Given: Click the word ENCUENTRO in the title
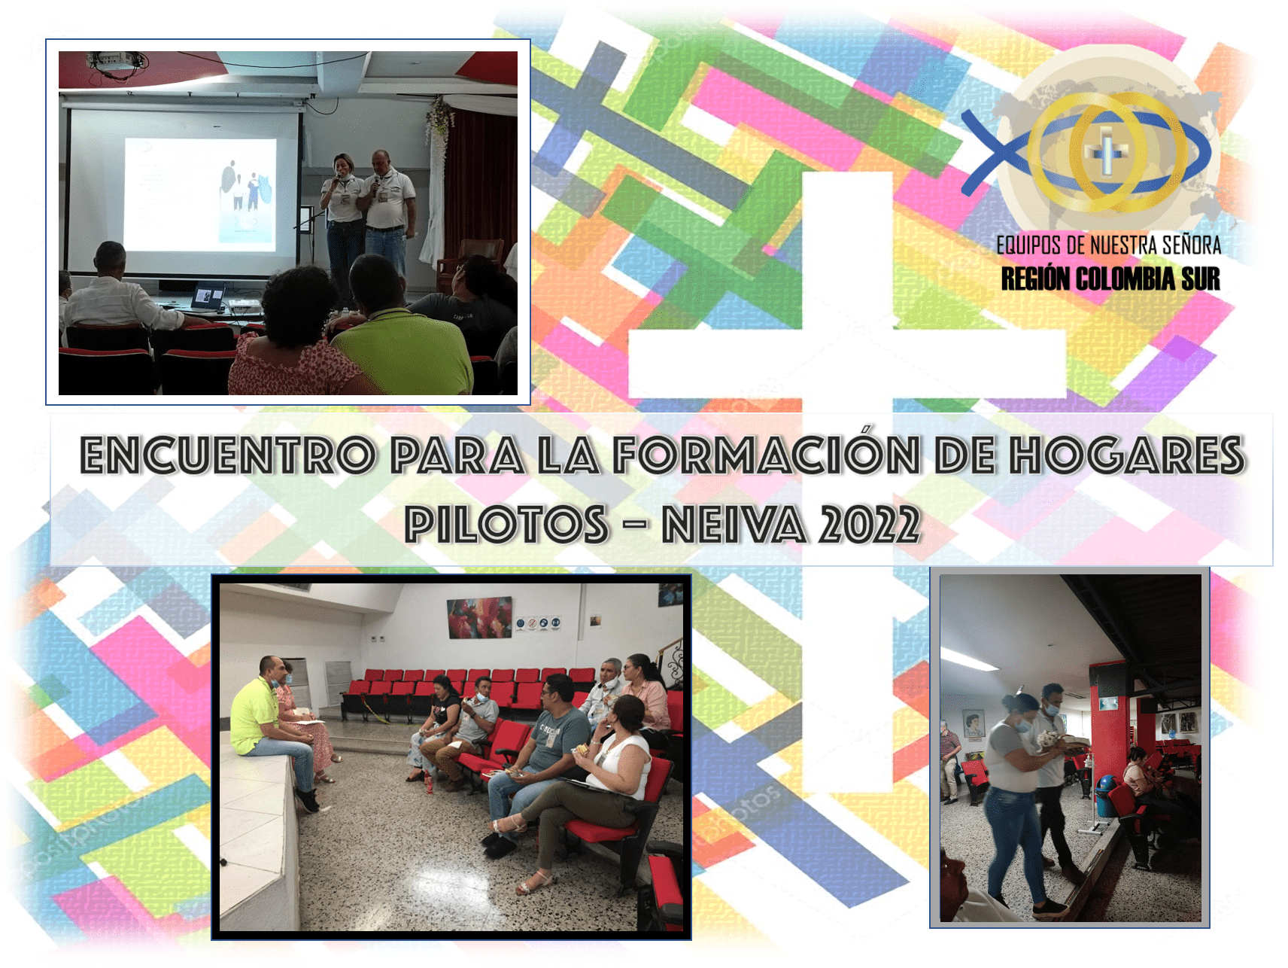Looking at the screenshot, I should pyautogui.click(x=227, y=455).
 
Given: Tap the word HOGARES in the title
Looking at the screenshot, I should pyautogui.click(x=1126, y=455).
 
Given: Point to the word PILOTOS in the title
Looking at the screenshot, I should pyautogui.click(x=506, y=524).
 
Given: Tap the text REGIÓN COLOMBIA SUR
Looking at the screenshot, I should pyautogui.click(x=1110, y=279).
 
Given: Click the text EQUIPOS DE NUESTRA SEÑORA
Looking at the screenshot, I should pyautogui.click(x=1108, y=245).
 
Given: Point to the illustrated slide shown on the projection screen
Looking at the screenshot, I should pyautogui.click(x=200, y=193).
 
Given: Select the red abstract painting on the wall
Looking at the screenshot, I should pyautogui.click(x=479, y=617).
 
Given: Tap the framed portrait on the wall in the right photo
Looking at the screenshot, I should pyautogui.click(x=974, y=724).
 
